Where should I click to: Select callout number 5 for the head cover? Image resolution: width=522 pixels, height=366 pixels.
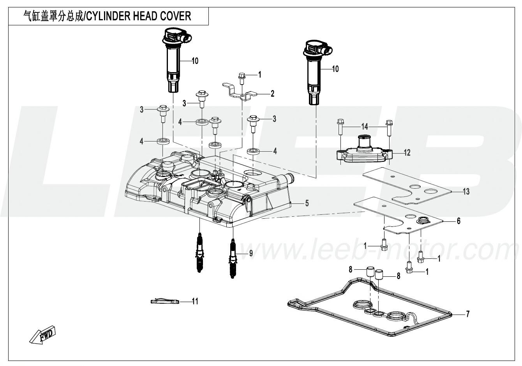(307, 203)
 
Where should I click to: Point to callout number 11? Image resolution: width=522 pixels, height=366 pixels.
(195, 301)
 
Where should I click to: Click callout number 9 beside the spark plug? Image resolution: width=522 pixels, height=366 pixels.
(251, 253)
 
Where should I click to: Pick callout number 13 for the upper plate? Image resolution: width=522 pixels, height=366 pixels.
(466, 191)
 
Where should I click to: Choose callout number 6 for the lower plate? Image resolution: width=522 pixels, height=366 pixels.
(459, 221)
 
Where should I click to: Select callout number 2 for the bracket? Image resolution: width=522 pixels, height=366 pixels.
(272, 94)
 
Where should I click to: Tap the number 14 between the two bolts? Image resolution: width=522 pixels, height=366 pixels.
(364, 126)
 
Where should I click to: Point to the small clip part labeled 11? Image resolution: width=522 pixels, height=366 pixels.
(164, 301)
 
